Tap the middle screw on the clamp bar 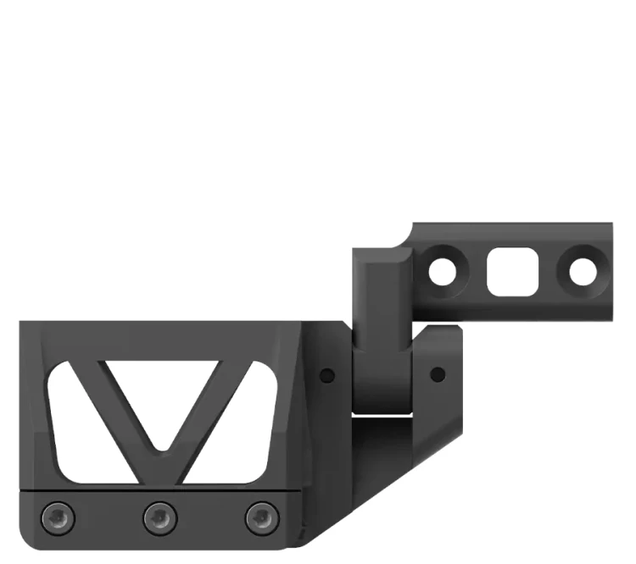click(159, 516)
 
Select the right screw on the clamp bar click(261, 516)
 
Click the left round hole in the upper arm click(443, 272)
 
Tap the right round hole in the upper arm click(583, 272)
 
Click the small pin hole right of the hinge click(438, 373)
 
